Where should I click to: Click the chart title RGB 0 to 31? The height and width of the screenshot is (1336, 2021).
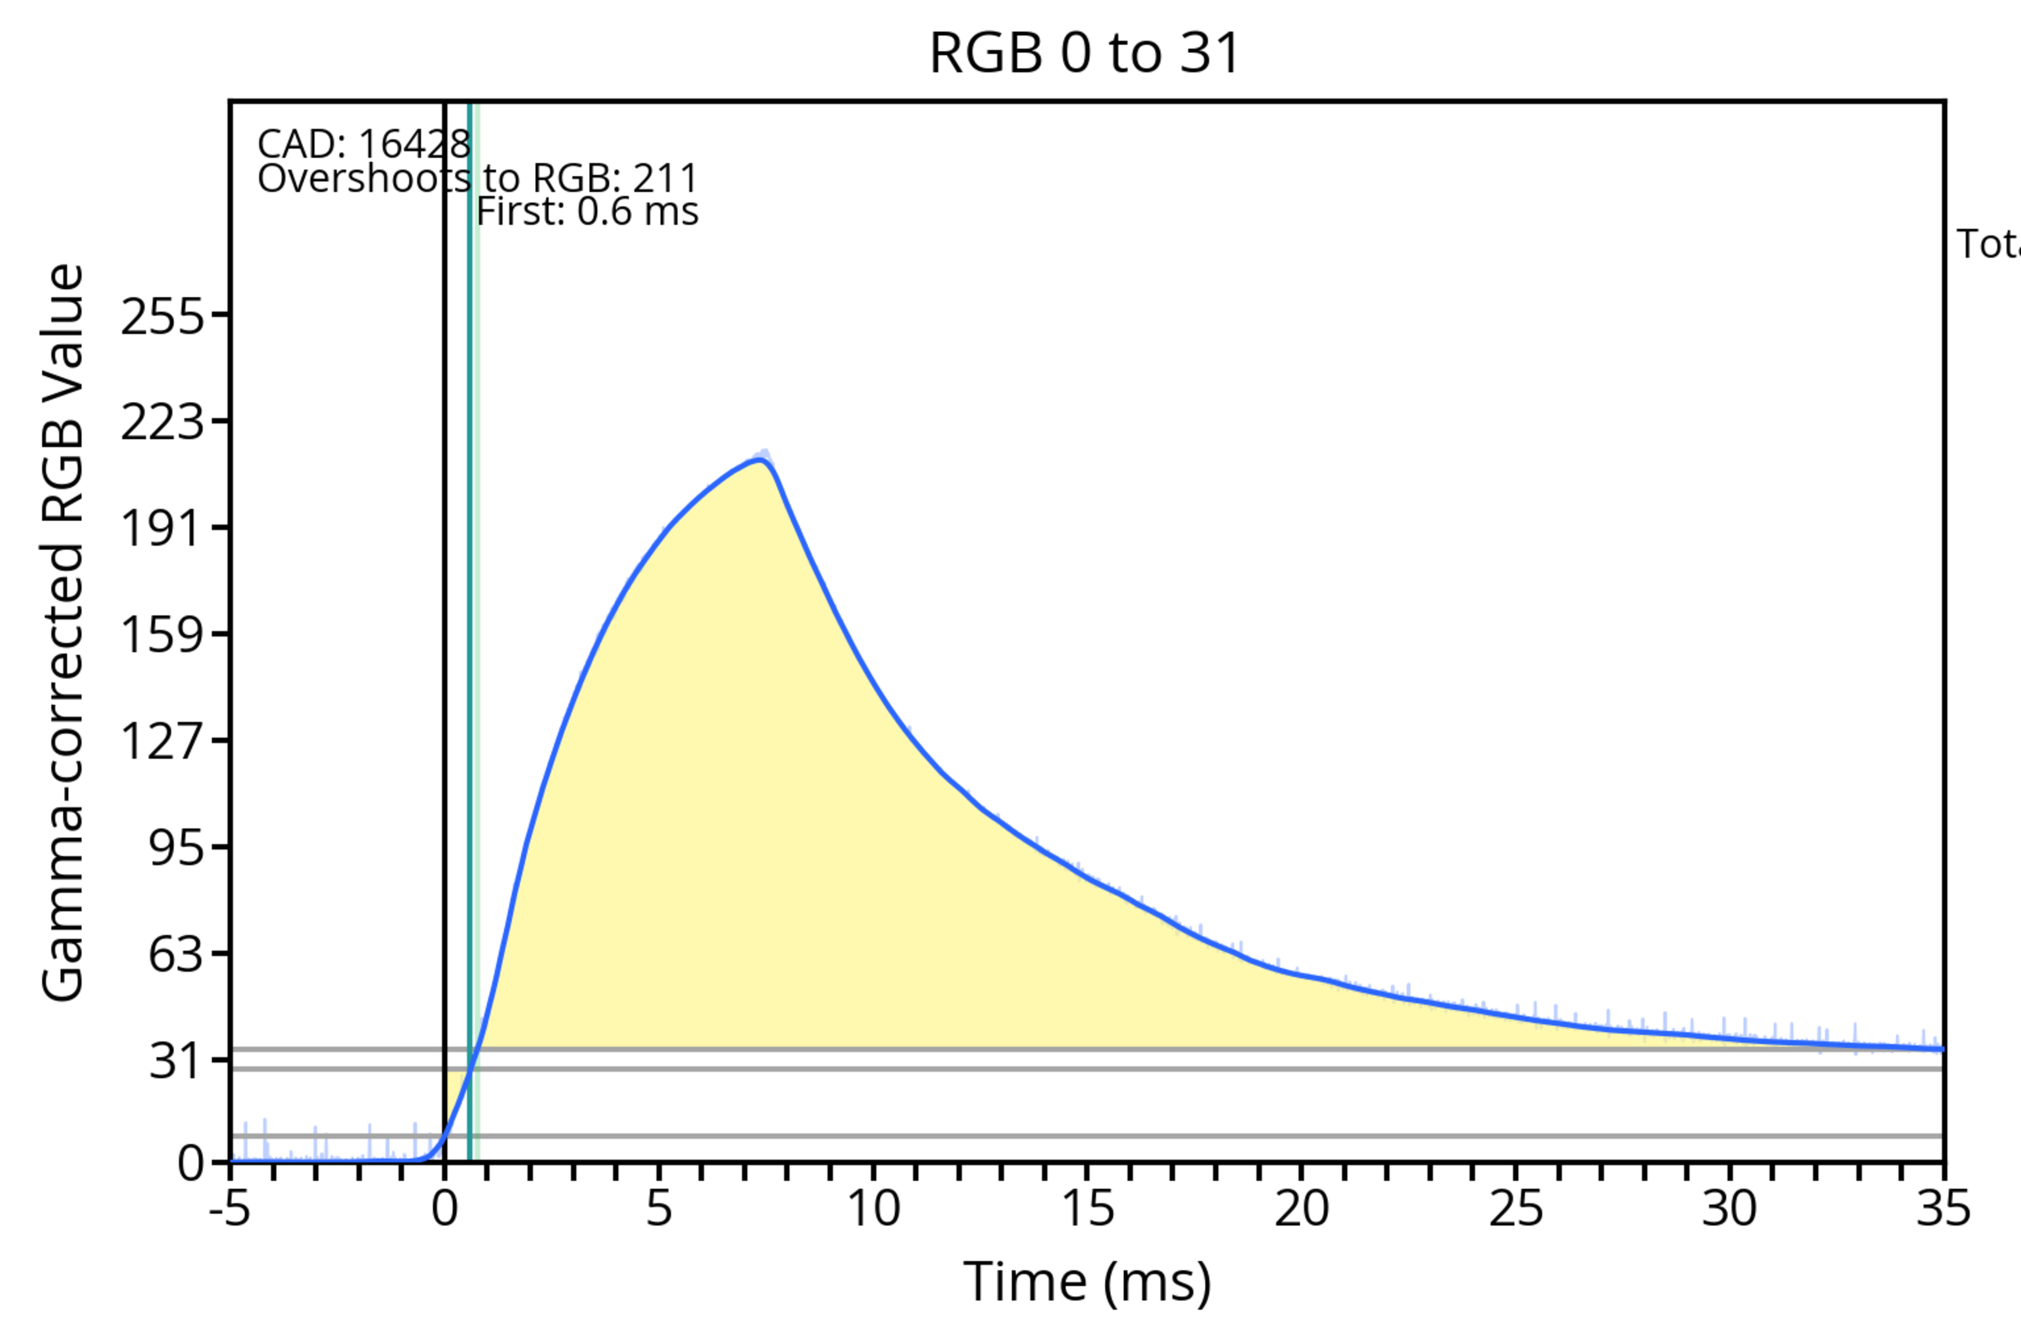pos(1084,53)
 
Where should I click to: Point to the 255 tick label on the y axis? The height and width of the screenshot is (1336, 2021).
pos(163,318)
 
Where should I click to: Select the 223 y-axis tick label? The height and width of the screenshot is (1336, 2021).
pos(163,422)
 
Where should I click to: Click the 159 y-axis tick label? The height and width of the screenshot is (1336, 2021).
pos(163,635)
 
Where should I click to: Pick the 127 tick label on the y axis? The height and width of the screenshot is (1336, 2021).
pos(163,741)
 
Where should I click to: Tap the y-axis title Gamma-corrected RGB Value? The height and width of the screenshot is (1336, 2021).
pos(63,632)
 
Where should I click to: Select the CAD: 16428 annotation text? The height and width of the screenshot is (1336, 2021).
pos(364,144)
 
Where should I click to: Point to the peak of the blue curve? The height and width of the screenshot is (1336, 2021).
pos(758,460)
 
